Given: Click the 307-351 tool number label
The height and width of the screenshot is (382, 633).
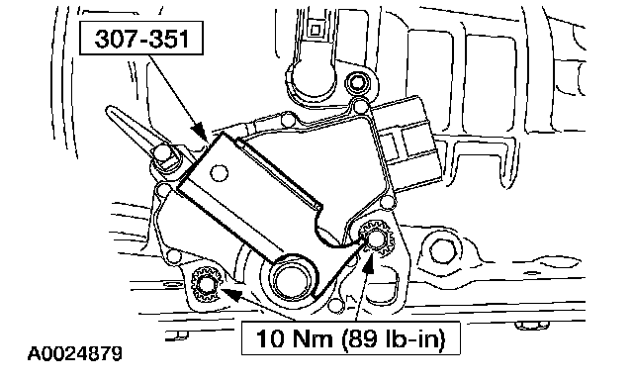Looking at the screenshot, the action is click(x=141, y=39).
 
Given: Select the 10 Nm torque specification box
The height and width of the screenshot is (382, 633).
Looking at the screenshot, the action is click(x=350, y=338).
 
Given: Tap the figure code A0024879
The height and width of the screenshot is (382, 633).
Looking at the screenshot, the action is click(x=75, y=353).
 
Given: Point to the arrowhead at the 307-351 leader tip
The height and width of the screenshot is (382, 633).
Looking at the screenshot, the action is click(x=200, y=133).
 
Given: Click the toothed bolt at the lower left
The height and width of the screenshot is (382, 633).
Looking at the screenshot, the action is click(x=207, y=285).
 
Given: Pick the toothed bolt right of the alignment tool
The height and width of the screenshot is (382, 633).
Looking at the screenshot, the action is click(x=376, y=239).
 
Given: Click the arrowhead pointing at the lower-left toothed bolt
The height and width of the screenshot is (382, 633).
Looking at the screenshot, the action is click(x=234, y=294).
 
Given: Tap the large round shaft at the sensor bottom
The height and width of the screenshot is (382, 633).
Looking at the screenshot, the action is click(x=291, y=279).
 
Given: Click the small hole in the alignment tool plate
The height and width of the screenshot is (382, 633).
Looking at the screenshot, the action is click(x=220, y=173).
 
